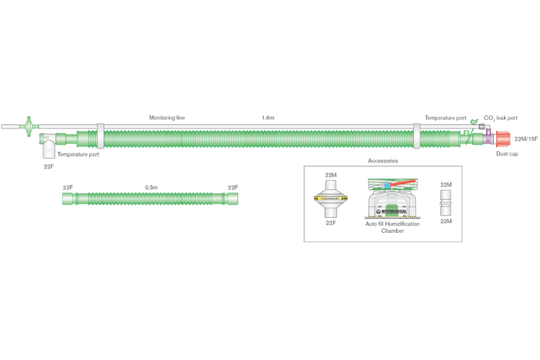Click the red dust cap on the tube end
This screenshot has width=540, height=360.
click(503, 139)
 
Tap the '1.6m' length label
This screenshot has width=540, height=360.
click(269, 118)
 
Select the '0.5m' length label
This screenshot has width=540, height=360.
click(151, 188)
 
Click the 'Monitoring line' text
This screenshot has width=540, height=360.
click(167, 118)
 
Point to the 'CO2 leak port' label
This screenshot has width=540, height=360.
click(500, 118)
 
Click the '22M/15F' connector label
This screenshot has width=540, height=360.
click(526, 139)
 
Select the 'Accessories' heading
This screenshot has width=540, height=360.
click(382, 161)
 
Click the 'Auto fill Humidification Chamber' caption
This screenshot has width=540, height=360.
click(392, 227)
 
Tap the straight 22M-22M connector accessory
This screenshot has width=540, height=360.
click(446, 203)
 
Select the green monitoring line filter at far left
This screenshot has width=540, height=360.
click(28, 127)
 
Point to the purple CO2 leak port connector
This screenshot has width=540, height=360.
click(488, 139)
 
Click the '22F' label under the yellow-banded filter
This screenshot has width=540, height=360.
click(331, 223)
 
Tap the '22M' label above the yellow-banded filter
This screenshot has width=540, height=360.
click(331, 175)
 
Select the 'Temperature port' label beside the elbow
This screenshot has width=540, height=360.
click(78, 154)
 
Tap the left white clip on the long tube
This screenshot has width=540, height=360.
click(100, 136)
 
